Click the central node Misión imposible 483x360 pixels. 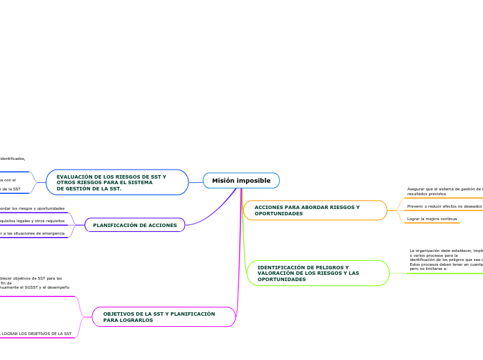pos(241,181)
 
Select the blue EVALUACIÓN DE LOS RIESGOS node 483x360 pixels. pos(117,182)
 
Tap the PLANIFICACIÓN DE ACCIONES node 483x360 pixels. pos(134,225)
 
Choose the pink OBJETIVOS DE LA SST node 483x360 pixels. pos(164,317)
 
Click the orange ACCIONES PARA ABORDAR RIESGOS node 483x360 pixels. pos(315,210)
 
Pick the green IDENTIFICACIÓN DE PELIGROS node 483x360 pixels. pos(317,273)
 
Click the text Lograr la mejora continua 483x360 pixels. pos(432,219)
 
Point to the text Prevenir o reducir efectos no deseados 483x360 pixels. pos(444,206)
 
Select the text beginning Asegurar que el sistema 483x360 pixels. pos(444,191)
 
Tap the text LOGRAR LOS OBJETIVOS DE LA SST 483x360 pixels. pos(36,334)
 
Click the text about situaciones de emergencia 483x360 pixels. pos(33,233)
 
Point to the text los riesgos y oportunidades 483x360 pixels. pos(33,208)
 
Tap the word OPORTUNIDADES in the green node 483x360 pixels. pos(281,279)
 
